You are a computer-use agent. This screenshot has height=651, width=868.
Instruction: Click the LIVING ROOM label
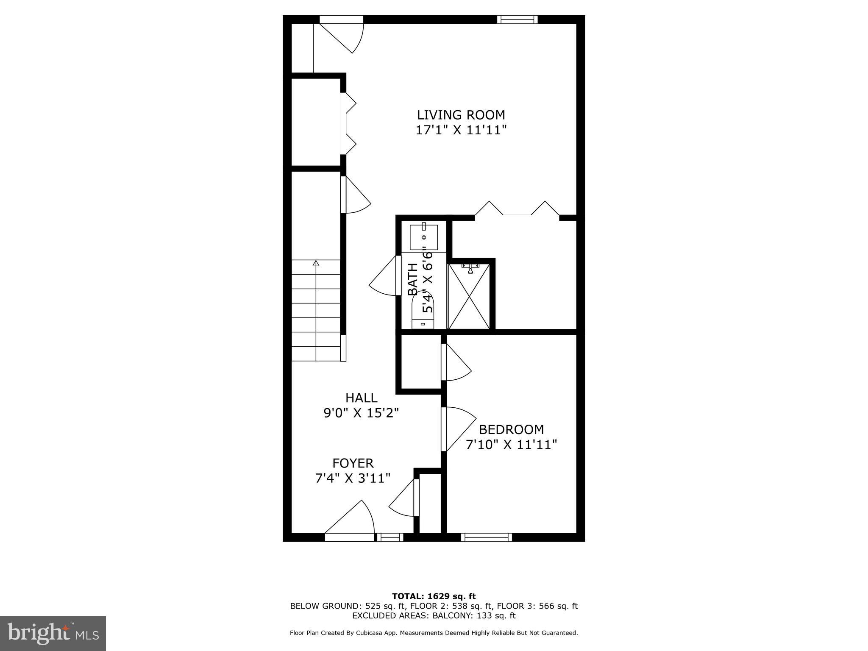[461, 115]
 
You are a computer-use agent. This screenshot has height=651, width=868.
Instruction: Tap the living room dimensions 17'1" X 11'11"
[461, 130]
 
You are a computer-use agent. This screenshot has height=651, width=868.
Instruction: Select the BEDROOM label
[511, 430]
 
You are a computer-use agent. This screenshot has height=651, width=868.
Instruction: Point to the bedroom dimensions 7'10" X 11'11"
[511, 445]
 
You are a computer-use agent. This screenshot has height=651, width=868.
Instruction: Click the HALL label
[361, 398]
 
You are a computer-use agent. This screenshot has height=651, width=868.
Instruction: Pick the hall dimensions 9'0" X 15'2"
[361, 413]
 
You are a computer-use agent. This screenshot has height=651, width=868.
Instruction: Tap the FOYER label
[353, 463]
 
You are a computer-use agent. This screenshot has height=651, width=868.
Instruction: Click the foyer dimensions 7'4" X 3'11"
[353, 479]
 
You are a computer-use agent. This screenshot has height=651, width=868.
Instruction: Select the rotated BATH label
[412, 279]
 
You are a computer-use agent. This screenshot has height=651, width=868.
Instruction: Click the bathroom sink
[423, 237]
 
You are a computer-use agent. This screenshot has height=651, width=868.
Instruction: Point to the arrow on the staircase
[315, 264]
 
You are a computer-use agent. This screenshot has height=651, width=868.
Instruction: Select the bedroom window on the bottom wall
[486, 537]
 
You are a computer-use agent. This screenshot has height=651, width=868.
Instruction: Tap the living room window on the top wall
[517, 19]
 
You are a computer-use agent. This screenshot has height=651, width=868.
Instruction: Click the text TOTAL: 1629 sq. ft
[434, 597]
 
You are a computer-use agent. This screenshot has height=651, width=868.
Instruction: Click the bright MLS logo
[53, 634]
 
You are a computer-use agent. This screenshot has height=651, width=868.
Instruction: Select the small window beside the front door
[390, 537]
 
